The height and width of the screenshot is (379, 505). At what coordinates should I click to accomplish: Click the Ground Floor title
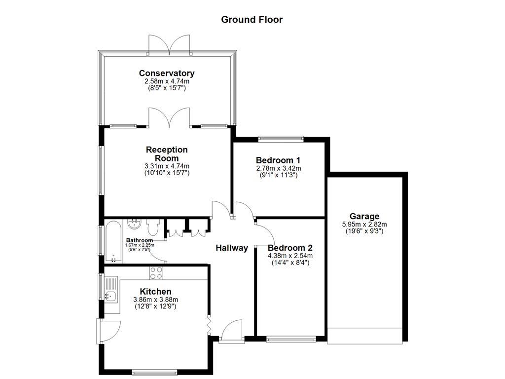(x=252, y=20)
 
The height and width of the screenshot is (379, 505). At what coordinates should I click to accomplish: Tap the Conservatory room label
(x=167, y=74)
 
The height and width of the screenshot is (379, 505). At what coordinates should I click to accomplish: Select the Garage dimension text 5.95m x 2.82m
(x=364, y=224)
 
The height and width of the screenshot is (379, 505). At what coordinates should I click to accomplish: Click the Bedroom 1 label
(x=278, y=160)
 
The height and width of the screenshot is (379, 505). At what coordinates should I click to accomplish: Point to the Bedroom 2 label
(x=290, y=248)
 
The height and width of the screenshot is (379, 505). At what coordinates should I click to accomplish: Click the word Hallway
(x=232, y=248)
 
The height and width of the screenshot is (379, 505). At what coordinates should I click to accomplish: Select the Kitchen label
(x=155, y=292)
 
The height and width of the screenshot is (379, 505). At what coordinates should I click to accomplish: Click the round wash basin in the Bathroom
(x=134, y=225)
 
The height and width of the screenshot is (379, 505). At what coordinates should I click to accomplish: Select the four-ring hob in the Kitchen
(x=156, y=273)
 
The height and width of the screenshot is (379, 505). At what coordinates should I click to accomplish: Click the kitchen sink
(x=109, y=296)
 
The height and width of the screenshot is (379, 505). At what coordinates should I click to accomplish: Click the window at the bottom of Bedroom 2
(x=290, y=339)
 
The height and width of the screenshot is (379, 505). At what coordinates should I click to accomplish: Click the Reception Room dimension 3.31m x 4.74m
(x=167, y=166)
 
